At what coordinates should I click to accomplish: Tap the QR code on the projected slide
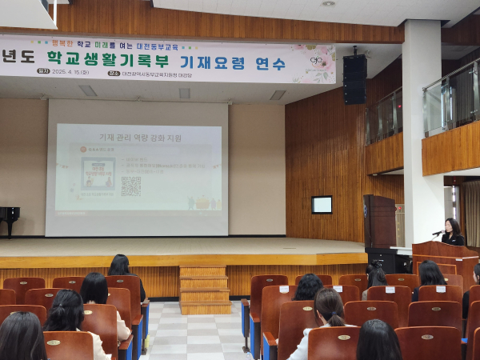130,186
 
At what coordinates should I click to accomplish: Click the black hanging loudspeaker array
354,78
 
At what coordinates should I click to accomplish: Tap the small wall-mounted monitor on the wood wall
322,205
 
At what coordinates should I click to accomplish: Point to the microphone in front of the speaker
438,232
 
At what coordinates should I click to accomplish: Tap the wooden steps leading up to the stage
204,289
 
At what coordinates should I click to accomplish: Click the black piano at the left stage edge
9,219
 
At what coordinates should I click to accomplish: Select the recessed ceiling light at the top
328,3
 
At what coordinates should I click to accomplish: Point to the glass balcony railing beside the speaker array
384,116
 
